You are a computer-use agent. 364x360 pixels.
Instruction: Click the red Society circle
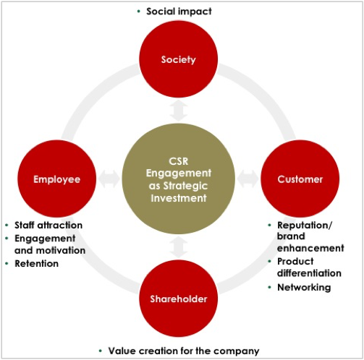tap(179, 59)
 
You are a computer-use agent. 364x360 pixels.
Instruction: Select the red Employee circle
tap(57, 179)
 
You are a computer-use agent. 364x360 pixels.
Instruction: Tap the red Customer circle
tap(300, 179)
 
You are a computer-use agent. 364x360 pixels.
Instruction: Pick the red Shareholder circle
tap(179, 299)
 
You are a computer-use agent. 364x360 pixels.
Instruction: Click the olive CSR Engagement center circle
tap(179, 179)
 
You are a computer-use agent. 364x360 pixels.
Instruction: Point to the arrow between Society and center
tap(179, 111)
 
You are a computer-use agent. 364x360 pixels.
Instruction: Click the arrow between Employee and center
tap(109, 179)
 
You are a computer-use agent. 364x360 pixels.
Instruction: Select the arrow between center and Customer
tap(248, 179)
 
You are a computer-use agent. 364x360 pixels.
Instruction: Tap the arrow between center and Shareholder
tap(179, 247)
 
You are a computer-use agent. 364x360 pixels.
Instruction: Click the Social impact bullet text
tap(179, 12)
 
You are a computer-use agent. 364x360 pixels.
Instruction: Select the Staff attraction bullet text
tap(48, 226)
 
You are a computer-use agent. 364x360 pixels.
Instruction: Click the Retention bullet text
tap(37, 263)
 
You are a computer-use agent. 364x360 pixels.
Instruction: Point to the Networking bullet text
tap(304, 288)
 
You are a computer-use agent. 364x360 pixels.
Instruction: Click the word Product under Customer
tap(295, 261)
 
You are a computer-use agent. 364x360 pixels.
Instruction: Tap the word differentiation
tap(309, 273)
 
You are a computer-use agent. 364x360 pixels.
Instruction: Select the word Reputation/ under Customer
tap(305, 226)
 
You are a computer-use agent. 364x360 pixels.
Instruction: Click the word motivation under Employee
tap(61, 251)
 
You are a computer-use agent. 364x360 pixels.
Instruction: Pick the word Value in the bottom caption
tap(122, 351)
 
